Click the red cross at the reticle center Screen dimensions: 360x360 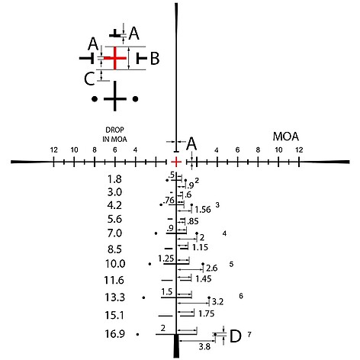click(x=176, y=162)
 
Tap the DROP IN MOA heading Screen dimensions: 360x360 click(x=114, y=134)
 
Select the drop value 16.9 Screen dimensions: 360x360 click(x=115, y=334)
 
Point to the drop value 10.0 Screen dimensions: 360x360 click(x=115, y=264)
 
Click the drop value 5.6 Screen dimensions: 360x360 click(x=114, y=219)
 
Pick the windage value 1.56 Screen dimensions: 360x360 click(x=203, y=210)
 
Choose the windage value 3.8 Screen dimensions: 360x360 click(x=204, y=346)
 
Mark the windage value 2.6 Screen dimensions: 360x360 click(x=212, y=268)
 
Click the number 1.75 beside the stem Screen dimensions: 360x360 click(x=207, y=313)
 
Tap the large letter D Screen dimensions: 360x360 click(x=235, y=336)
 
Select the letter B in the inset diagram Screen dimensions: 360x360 click(x=155, y=58)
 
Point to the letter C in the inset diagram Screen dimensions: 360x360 click(x=89, y=79)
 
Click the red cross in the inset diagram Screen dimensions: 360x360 click(x=115, y=58)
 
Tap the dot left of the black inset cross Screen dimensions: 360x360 click(x=95, y=98)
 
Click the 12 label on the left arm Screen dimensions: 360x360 click(x=53, y=149)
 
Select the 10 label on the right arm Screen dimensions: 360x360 click(x=278, y=150)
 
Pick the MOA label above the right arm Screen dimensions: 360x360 click(x=286, y=137)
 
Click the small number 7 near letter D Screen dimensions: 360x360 click(x=249, y=335)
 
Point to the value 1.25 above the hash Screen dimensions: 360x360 click(x=166, y=259)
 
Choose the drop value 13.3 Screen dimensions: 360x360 click(x=115, y=297)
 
